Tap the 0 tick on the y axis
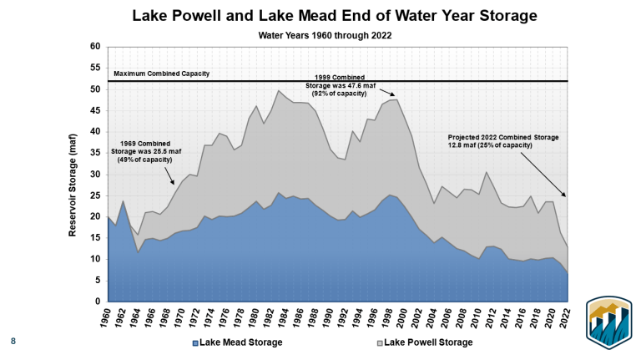coord(98,302)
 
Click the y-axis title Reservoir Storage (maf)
coord(73,175)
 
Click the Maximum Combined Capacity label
coord(162,74)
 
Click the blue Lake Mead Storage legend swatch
coord(196,342)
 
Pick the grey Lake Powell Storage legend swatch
coord(377,342)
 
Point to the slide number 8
coord(13,341)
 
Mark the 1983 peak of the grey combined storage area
coord(279,90)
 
